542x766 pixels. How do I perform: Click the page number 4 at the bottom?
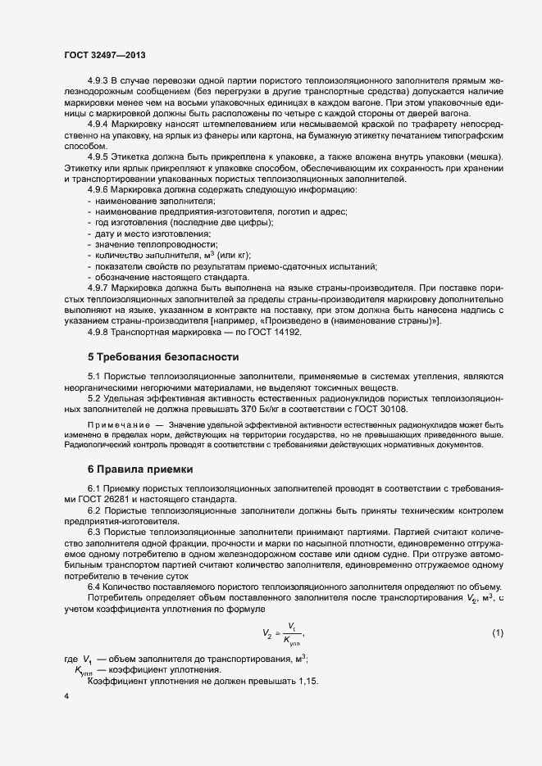coord(66,696)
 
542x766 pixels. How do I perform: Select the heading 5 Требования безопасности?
coord(163,356)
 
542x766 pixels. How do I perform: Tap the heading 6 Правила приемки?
coord(140,469)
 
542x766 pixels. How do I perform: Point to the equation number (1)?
coord(497,633)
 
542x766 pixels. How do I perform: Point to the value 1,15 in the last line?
coord(304,682)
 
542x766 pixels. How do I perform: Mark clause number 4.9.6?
coord(98,190)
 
